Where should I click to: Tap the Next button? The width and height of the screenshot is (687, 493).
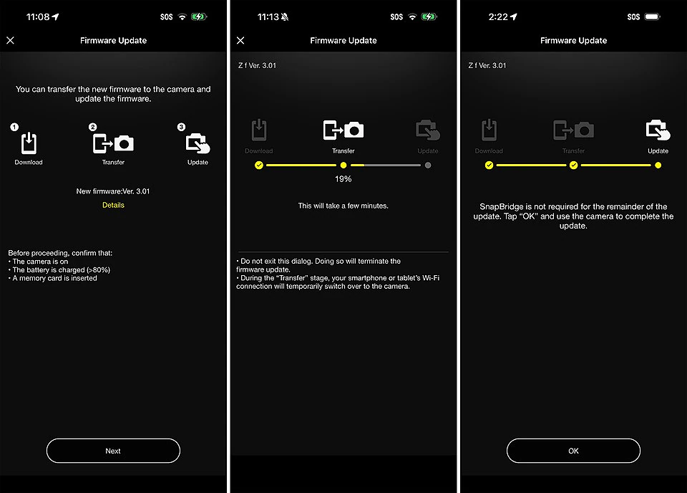click(x=113, y=451)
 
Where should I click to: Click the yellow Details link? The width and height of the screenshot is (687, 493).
click(x=113, y=205)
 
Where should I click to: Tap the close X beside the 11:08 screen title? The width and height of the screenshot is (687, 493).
click(x=11, y=40)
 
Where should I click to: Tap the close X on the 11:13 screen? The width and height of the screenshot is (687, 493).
click(x=240, y=40)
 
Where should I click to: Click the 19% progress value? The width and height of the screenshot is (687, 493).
click(x=343, y=179)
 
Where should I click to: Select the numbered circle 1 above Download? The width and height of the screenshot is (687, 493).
click(x=14, y=128)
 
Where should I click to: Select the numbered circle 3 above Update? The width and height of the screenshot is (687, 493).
click(x=181, y=128)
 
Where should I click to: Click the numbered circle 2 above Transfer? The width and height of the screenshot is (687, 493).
click(x=92, y=128)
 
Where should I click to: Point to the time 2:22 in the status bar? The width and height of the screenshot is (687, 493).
click(x=498, y=16)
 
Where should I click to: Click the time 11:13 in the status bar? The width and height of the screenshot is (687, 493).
click(x=268, y=16)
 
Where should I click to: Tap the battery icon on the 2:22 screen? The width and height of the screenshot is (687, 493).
click(x=653, y=16)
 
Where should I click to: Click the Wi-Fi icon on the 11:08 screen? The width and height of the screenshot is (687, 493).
click(x=182, y=16)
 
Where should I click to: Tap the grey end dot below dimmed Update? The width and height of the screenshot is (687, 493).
click(x=428, y=166)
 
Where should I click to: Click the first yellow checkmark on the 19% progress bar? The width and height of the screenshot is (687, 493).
click(x=259, y=166)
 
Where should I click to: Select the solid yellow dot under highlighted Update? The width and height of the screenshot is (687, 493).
click(x=658, y=166)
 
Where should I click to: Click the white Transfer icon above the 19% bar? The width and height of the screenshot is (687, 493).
click(x=343, y=130)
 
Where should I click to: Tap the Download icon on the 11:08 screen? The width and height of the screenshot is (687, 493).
click(x=29, y=143)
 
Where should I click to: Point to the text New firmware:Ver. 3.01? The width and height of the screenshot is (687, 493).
click(x=113, y=191)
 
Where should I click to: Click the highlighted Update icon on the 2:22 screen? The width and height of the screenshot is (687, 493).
click(x=658, y=130)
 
